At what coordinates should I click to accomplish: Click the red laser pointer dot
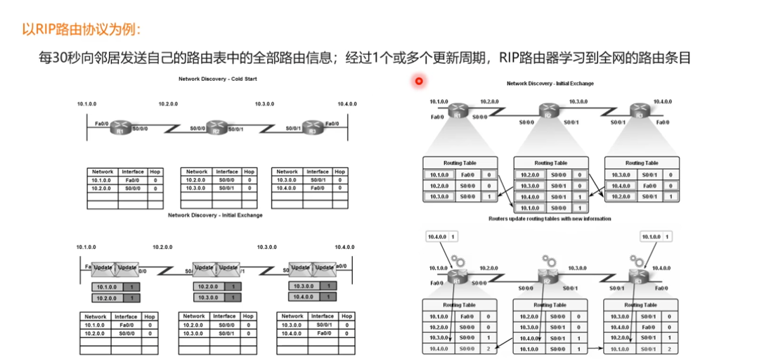click(x=418, y=81)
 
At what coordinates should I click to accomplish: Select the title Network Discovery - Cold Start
click(x=217, y=79)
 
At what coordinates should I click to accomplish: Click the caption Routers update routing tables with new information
click(x=550, y=219)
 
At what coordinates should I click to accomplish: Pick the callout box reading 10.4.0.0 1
click(x=443, y=237)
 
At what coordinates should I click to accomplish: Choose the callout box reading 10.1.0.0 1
click(x=654, y=237)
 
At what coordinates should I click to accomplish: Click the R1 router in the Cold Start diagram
click(x=121, y=129)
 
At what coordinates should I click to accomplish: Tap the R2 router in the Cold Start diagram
click(x=217, y=129)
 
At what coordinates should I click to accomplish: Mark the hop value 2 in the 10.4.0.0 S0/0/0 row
click(x=489, y=349)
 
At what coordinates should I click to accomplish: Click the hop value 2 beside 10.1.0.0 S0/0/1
click(x=669, y=349)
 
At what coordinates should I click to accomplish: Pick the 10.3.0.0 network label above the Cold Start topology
click(x=265, y=104)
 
